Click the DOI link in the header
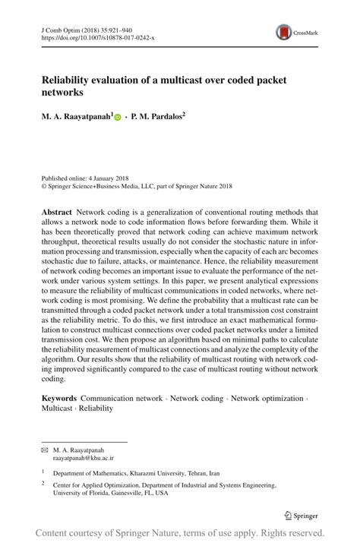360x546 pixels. [x=88, y=36]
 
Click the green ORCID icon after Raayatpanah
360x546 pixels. [x=118, y=118]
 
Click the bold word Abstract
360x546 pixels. [x=57, y=213]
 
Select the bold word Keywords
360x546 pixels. [x=59, y=397]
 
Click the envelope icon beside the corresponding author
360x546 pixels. [x=44, y=450]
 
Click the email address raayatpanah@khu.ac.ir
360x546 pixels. [x=83, y=459]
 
